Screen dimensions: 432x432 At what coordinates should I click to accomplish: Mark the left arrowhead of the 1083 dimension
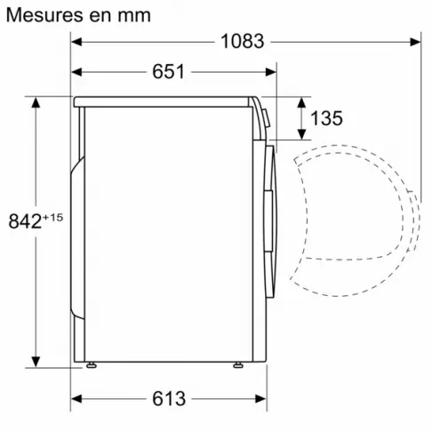pos(77,41)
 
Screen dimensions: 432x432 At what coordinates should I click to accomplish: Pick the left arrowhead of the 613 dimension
pos(77,398)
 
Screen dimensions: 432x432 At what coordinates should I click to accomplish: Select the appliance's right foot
pos(239,365)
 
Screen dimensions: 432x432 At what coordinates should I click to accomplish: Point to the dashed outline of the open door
pos(415,213)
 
